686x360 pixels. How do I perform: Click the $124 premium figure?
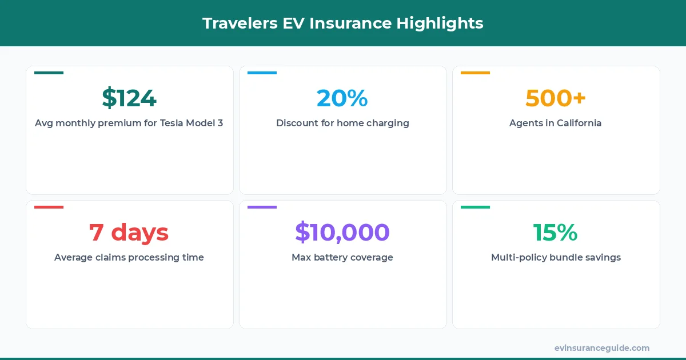click(129, 98)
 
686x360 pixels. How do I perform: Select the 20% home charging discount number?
click(342, 98)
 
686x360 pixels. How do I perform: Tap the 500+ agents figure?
click(556, 98)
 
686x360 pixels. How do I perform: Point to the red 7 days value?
click(129, 233)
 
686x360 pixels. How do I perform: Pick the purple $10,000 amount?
click(342, 233)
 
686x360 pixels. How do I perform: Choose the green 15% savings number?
click(556, 233)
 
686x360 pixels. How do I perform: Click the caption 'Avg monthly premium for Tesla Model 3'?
click(129, 123)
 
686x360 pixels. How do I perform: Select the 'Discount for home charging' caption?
click(342, 123)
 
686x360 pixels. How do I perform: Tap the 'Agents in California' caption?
click(556, 123)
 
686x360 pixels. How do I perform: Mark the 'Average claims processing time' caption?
click(129, 258)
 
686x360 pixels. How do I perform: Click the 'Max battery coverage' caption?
click(342, 258)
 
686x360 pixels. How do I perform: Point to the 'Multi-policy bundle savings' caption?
click(556, 258)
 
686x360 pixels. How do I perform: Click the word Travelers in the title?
click(236, 23)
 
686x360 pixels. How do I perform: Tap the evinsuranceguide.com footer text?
click(602, 348)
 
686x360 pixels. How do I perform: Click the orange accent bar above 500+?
click(475, 73)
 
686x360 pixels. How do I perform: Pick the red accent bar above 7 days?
click(49, 207)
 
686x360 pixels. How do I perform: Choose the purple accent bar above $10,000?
click(262, 207)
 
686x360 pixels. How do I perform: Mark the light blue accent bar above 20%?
click(262, 73)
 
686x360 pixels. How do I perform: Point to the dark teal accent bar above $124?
click(49, 73)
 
